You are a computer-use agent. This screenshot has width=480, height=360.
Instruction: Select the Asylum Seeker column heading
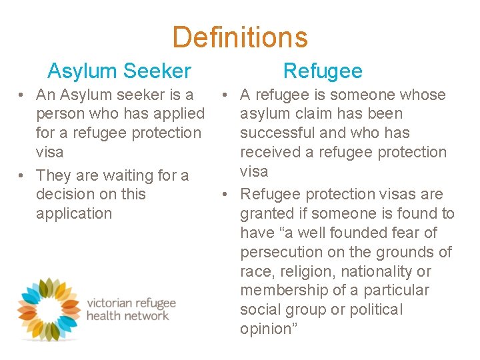[119, 71]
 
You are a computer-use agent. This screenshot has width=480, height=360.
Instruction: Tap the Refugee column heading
[323, 71]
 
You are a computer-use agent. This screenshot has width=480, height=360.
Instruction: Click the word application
[74, 213]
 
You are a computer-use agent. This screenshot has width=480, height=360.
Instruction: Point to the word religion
[305, 271]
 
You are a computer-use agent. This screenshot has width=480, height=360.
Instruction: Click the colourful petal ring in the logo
[47, 308]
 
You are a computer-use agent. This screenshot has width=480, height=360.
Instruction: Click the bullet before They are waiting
[23, 175]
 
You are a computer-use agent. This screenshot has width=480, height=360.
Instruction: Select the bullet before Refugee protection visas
[227, 194]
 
